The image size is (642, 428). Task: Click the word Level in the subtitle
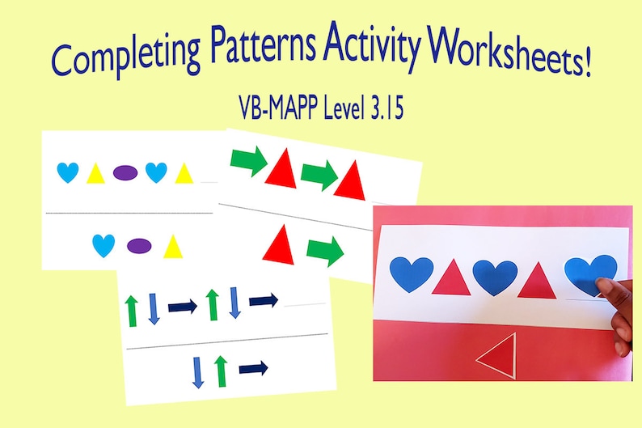coord(339,108)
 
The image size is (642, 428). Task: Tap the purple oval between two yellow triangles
coord(125,172)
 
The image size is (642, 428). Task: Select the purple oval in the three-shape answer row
coord(139,245)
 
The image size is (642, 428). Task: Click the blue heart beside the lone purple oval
coord(103,245)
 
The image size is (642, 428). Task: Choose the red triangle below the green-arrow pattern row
coord(278,242)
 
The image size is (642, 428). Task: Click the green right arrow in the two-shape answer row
coord(325,252)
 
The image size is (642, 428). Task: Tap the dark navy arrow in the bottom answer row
coord(254,368)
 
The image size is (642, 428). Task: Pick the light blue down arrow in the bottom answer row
coord(198,371)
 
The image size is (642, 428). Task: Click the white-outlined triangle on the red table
coord(497,355)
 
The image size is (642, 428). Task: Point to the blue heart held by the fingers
coord(589,274)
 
